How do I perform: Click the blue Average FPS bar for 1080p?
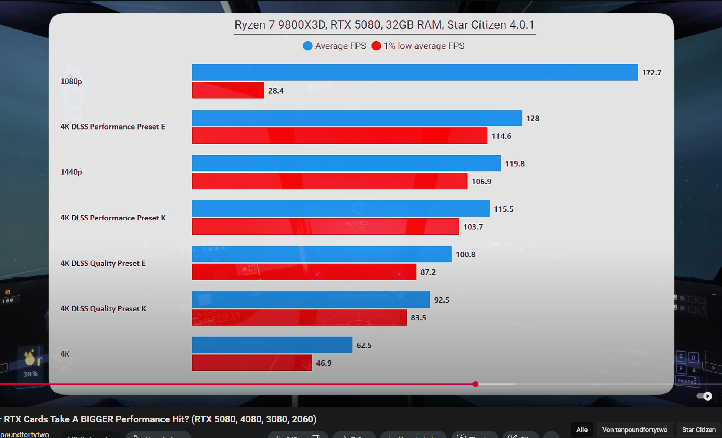pos(414,72)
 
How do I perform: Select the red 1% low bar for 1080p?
pos(228,90)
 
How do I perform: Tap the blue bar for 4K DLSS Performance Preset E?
pos(357,118)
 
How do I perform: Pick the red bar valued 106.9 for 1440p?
pos(329,181)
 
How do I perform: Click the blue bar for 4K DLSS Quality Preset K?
pos(311,300)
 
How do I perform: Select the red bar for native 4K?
pos(252,363)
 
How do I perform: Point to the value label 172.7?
pos(651,73)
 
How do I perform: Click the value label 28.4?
pos(276,91)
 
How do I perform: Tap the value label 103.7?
pos(473,227)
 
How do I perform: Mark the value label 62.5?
pos(364,345)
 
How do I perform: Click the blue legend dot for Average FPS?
pos(308,46)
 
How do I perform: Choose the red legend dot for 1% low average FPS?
pos(376,46)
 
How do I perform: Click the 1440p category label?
pos(71,172)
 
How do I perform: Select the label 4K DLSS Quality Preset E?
pos(103,263)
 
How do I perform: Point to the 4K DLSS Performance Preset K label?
pos(113,218)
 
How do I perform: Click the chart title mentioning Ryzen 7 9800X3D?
pos(384,25)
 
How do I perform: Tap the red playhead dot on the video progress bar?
pos(475,384)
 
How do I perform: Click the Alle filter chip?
pos(582,429)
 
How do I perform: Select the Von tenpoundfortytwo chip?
pos(635,429)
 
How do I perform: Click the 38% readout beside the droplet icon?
pos(30,374)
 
